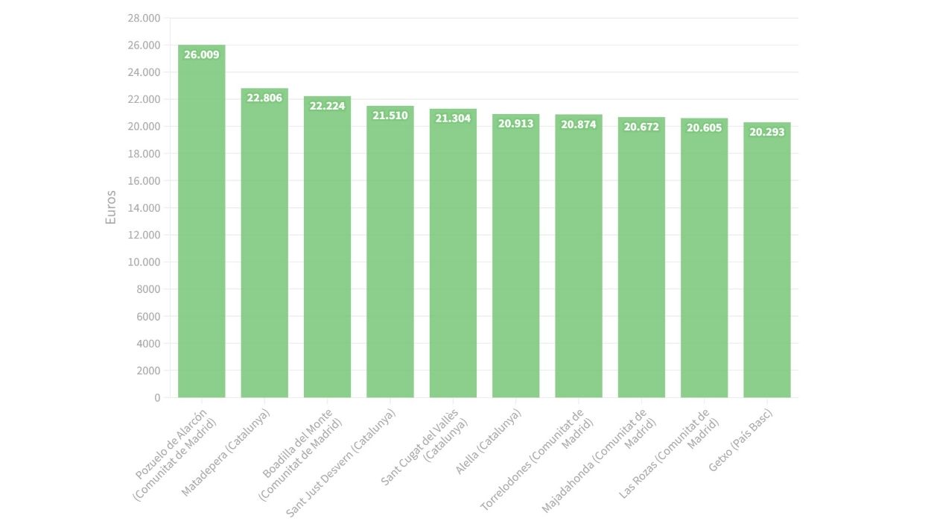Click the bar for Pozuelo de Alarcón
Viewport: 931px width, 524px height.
pos(201,224)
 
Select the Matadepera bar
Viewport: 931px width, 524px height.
pos(264,246)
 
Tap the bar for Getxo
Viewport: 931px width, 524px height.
pos(766,261)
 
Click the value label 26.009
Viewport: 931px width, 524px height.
pos(201,54)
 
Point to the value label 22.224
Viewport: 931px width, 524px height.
pos(327,106)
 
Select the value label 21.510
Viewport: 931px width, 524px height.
pos(390,116)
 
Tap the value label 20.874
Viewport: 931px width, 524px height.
pos(578,124)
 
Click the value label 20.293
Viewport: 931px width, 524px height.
pos(766,132)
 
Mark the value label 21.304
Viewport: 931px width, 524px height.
pos(453,118)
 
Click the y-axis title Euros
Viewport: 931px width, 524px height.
pos(111,208)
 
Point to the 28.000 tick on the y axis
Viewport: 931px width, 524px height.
pos(144,18)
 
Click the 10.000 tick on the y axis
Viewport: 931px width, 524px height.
pos(144,262)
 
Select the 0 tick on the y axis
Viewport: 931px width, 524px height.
pos(157,398)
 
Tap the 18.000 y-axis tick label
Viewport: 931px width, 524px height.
pos(144,154)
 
